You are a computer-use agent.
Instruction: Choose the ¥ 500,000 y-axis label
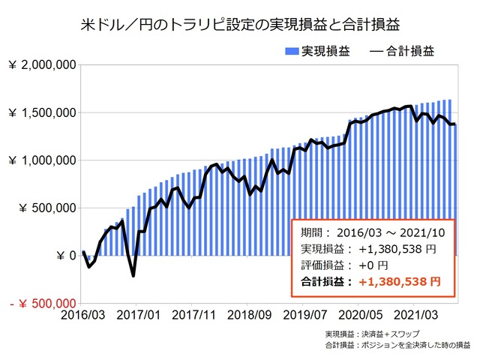[x=46, y=208]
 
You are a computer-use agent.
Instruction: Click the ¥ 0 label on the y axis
[x=63, y=255]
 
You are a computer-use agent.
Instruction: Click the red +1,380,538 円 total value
[x=400, y=283]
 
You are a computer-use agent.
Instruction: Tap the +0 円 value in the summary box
[x=373, y=265]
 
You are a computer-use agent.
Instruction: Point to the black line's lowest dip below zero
[x=133, y=275]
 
